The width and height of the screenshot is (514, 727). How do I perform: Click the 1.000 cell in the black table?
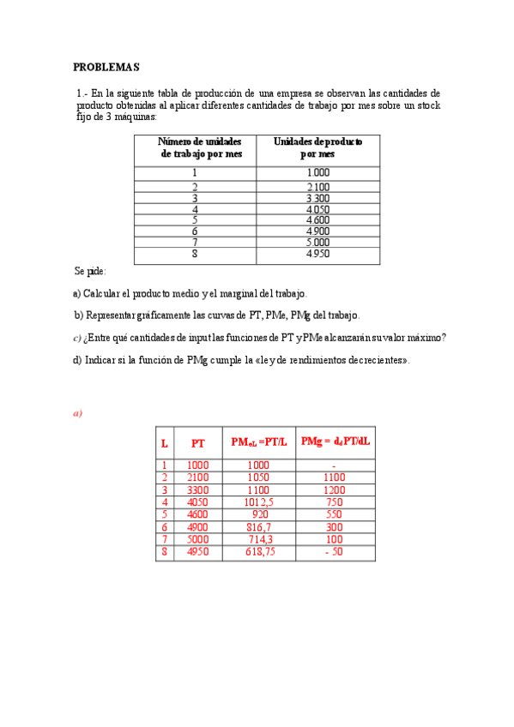tap(317, 172)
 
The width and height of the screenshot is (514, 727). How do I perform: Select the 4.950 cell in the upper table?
tap(317, 254)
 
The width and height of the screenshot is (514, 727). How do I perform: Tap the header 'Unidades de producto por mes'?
tap(317, 147)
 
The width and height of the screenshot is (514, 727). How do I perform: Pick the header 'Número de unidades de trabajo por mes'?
tap(201, 147)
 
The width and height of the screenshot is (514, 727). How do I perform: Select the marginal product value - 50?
tap(335, 553)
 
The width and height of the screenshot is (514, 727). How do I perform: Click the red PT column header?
tap(198, 443)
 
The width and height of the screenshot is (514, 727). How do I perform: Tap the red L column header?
tap(165, 443)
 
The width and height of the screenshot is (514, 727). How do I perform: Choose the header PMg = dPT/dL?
tap(336, 442)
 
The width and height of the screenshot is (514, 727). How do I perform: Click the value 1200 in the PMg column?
tap(335, 490)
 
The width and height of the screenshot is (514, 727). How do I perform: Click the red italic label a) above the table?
tap(77, 413)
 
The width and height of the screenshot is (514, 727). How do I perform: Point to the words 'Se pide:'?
tap(90, 271)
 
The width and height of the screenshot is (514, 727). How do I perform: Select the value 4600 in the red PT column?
tap(198, 515)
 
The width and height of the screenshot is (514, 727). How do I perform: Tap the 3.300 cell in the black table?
tap(317, 198)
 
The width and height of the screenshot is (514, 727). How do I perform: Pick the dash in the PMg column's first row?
tap(335, 466)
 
